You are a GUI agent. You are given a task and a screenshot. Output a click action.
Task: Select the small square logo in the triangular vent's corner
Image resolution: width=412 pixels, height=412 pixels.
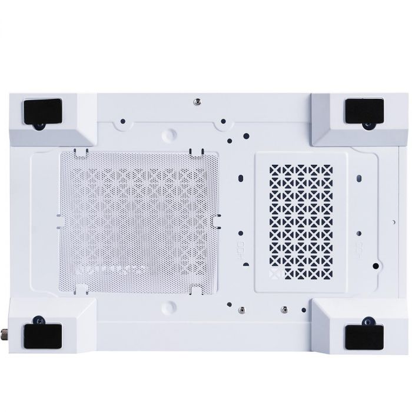[x=273, y=274]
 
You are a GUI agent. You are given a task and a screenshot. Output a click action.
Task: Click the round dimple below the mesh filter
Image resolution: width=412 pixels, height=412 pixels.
[x=170, y=305]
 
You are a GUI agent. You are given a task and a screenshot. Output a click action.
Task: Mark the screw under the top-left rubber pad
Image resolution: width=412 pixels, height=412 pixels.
[x=39, y=125]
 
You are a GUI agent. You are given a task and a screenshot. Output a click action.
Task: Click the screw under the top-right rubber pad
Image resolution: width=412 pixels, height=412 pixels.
[x=368, y=125]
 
